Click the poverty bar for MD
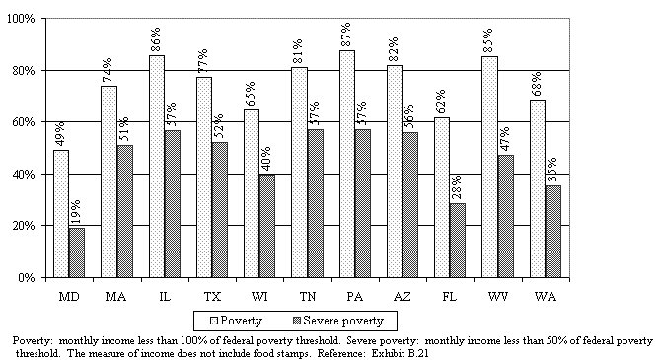tap(61, 213)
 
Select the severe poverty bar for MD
tap(77, 252)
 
